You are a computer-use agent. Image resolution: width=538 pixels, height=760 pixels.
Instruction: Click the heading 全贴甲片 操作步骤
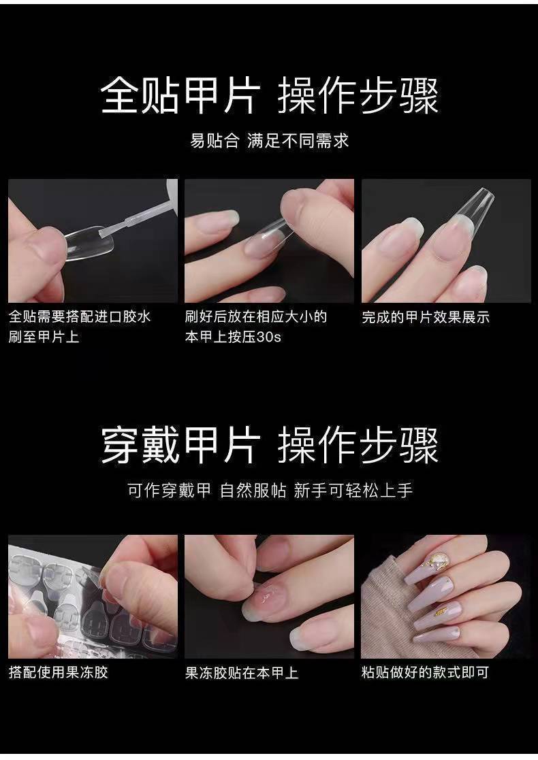[270, 97]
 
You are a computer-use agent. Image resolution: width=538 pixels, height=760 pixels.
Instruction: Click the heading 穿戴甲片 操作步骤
[270, 446]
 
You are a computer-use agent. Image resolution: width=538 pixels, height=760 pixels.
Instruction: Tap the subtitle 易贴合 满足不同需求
[269, 141]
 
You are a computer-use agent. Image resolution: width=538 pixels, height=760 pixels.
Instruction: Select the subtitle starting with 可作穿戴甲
[270, 491]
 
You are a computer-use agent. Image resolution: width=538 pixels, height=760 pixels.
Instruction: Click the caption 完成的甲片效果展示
[426, 318]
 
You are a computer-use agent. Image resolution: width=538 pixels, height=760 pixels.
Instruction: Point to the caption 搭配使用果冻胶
[58, 672]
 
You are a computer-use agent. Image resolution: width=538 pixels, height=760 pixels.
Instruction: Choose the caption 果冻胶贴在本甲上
[242, 673]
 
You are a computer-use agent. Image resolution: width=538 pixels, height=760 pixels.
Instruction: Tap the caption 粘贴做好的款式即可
[424, 673]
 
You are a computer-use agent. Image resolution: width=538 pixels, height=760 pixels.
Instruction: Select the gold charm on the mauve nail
[441, 612]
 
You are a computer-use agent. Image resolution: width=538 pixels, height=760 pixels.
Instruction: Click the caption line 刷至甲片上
[44, 337]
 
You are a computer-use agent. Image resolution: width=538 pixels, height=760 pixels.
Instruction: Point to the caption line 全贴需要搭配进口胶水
[80, 317]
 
